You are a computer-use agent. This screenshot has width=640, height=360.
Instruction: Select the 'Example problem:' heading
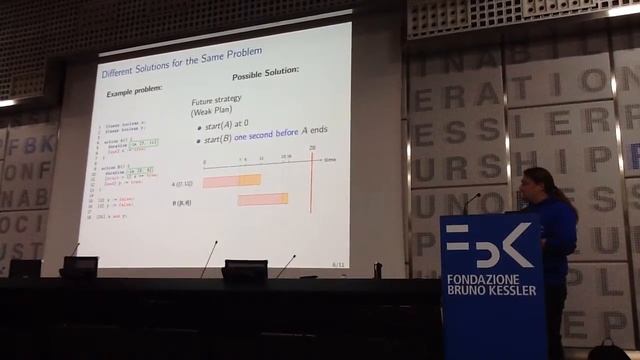pos(134,91)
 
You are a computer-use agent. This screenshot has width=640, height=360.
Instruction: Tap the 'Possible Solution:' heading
pos(266,76)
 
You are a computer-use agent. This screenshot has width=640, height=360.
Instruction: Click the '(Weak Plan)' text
pos(212,112)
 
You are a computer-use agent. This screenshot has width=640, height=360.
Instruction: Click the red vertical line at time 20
pos(311,180)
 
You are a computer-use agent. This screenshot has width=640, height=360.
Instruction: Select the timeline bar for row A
pos(231,180)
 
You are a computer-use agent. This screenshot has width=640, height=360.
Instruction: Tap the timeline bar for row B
pos(262,199)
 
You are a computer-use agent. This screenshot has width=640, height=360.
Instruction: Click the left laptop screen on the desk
pos(80,265)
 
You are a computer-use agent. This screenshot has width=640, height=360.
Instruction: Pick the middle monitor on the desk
pos(245,269)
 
